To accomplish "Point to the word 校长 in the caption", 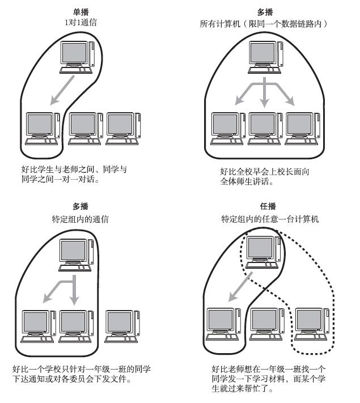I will point(278,171).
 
